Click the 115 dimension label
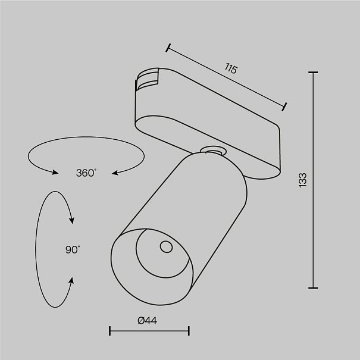click(x=230, y=68)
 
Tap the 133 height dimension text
click(x=303, y=180)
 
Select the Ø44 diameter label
click(x=148, y=321)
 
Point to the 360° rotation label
click(x=86, y=173)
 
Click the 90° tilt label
click(x=73, y=250)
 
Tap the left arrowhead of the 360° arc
click(x=55, y=172)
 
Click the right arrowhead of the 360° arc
click(x=115, y=173)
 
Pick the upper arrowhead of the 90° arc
click(x=72, y=220)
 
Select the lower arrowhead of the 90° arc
click(x=72, y=280)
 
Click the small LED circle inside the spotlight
click(x=166, y=247)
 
